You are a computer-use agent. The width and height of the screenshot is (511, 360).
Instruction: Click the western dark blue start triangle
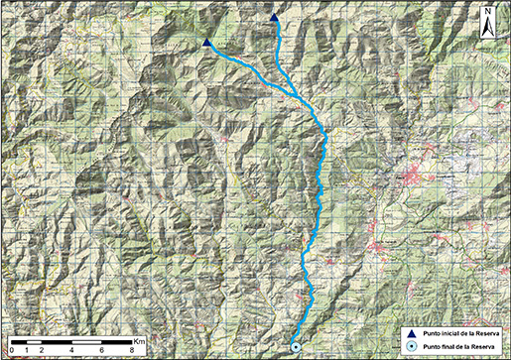(x=206, y=43)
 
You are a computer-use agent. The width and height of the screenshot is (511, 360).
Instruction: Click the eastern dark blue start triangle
(x=275, y=17)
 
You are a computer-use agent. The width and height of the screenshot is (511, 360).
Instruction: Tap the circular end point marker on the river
(x=295, y=346)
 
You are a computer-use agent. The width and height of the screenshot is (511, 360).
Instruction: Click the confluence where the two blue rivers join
(x=299, y=91)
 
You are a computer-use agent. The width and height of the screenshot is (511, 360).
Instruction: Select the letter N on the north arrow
(x=489, y=13)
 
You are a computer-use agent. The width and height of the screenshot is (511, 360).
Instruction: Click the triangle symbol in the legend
(x=409, y=332)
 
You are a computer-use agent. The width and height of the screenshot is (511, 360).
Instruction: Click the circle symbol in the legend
(x=409, y=346)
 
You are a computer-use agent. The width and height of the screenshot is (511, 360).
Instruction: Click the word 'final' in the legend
(x=446, y=347)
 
